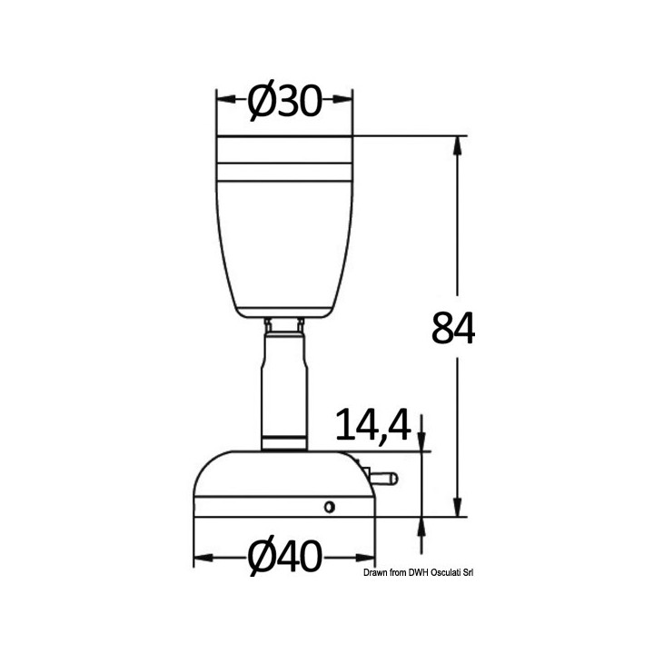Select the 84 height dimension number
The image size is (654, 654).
pyautogui.click(x=453, y=328)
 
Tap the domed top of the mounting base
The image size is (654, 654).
pyautogui.click(x=283, y=472)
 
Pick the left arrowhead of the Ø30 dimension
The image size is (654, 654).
pyautogui.click(x=223, y=99)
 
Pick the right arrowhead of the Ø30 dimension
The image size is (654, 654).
pyautogui.click(x=345, y=99)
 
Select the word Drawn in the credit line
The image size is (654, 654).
pyautogui.click(x=377, y=573)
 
